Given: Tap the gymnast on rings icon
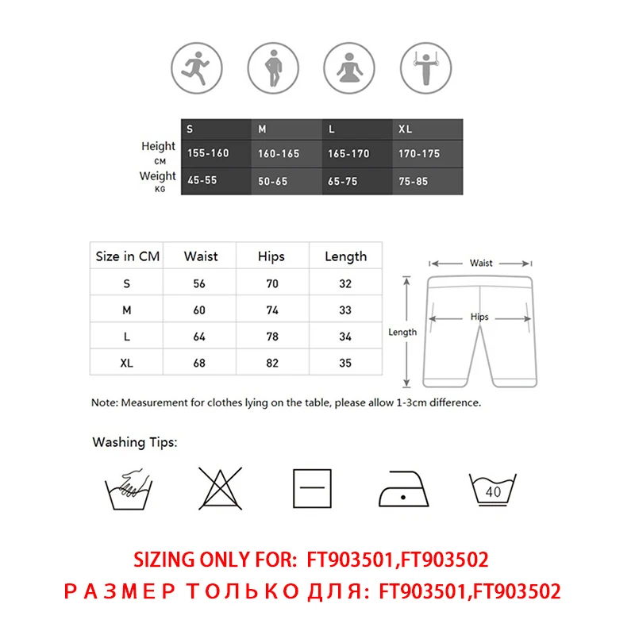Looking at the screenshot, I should point(422,67).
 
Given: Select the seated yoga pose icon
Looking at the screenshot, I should point(346,67).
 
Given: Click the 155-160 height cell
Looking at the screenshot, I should point(208,153).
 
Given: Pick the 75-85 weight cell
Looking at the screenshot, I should point(413,181).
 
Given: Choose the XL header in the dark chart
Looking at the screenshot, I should point(405,129).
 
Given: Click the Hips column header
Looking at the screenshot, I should point(271,256).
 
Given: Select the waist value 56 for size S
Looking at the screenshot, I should point(200,283).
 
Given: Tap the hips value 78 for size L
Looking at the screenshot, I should point(271,337).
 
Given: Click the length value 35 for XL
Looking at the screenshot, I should point(345,364).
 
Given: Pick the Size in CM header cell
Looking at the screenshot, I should point(127,256).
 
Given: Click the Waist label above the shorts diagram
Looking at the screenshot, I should point(481,263).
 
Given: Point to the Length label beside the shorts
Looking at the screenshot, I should point(402,332).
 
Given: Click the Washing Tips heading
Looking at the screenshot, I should point(135,441).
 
